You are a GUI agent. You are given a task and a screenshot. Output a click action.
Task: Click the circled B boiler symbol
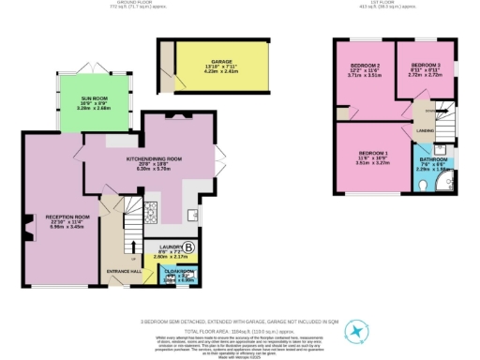click(188, 247)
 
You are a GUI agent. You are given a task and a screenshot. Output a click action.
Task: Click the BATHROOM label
click(436, 159)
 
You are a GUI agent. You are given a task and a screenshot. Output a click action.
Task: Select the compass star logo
click(356, 331)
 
